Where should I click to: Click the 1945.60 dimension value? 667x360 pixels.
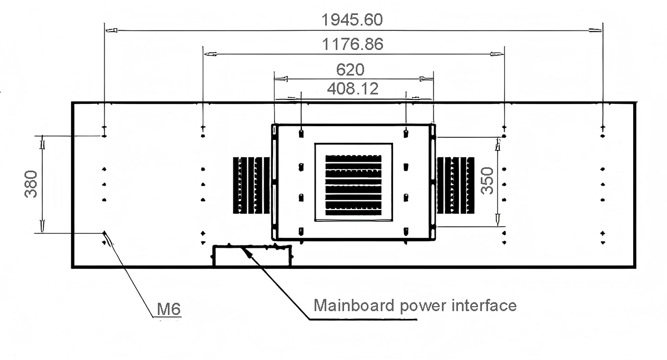[352, 20]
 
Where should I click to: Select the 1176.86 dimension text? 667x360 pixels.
[353, 44]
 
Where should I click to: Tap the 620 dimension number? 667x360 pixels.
[351, 69]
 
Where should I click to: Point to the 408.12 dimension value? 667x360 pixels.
[352, 88]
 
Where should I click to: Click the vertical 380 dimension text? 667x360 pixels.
[31, 184]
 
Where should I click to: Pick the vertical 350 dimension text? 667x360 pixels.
[487, 181]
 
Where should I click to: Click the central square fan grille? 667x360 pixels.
[354, 182]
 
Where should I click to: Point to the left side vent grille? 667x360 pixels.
[251, 184]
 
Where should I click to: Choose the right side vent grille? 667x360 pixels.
[456, 184]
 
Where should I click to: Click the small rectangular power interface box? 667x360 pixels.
[252, 256]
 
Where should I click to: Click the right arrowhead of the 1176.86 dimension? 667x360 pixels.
[497, 54]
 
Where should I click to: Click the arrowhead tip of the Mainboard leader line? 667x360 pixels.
[245, 249]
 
